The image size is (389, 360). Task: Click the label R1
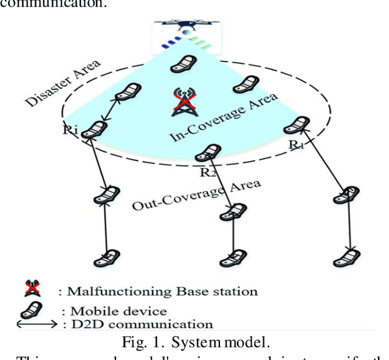296,144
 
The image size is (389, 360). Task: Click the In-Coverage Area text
224,117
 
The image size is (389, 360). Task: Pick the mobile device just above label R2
212,153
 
